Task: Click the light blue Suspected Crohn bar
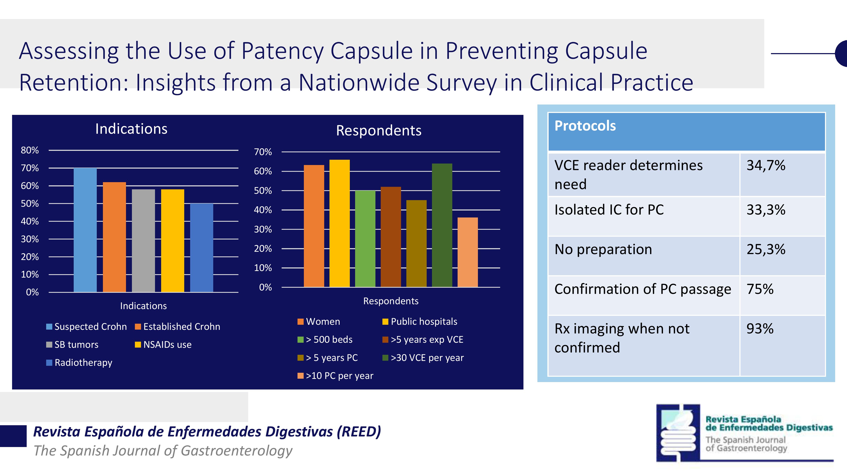(85, 230)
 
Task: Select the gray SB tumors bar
(143, 241)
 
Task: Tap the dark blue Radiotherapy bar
(202, 248)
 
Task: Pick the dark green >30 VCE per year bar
(442, 225)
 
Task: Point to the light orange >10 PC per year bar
(468, 252)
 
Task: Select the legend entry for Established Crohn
(178, 326)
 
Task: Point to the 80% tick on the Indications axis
(30, 150)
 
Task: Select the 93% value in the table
(760, 329)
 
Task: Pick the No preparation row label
(603, 249)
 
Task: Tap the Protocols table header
(585, 126)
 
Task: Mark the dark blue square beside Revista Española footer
(13, 436)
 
